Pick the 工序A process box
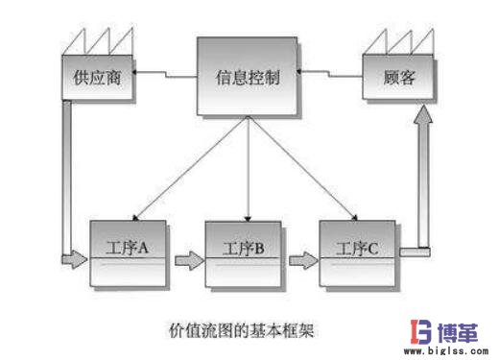point(130,252)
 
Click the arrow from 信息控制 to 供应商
point(165,71)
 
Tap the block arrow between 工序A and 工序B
point(188,257)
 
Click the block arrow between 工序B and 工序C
point(303,257)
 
